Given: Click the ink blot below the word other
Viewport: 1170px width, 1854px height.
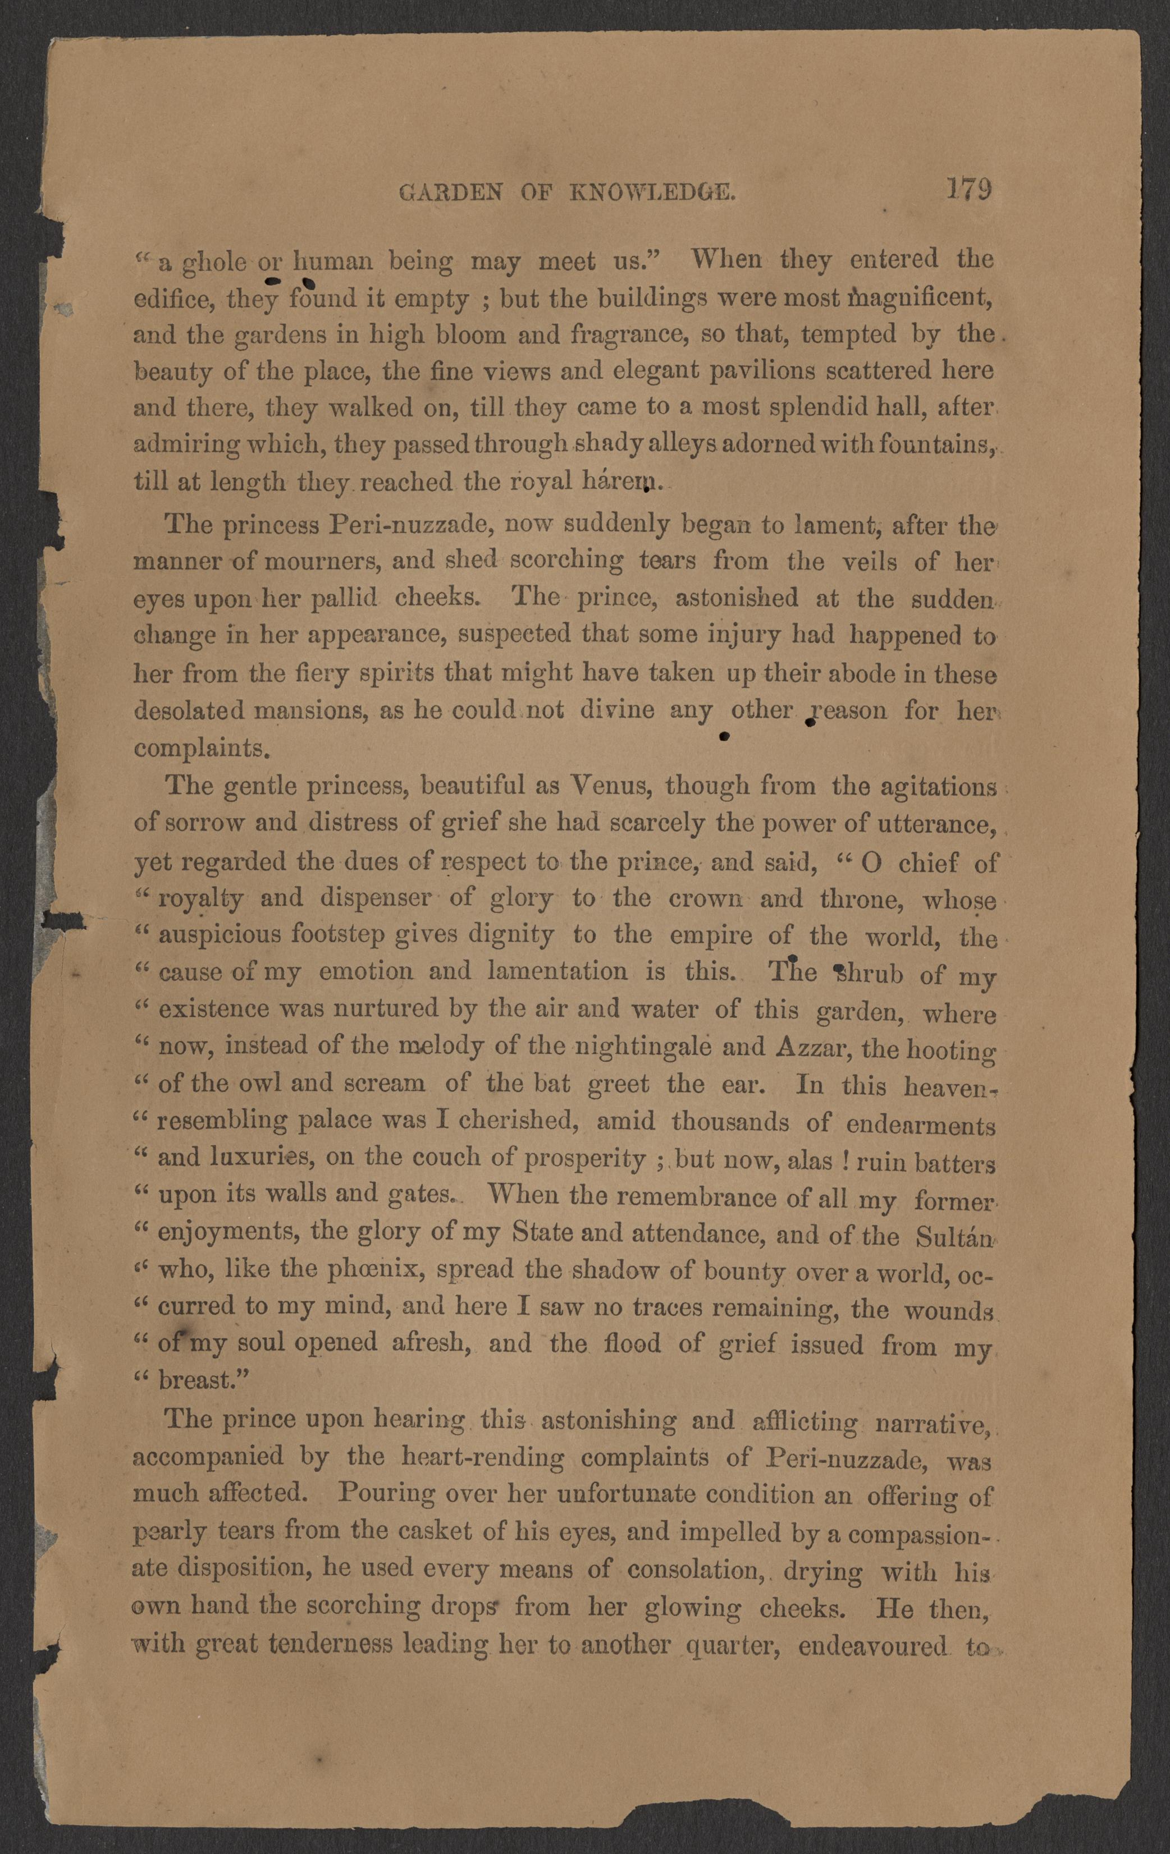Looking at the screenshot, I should (x=723, y=737).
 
